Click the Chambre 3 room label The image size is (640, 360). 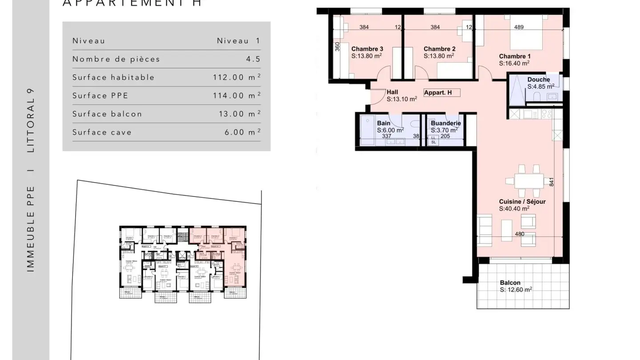pos(367,49)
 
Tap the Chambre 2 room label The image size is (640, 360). pos(439,49)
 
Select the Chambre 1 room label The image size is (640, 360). pos(515,56)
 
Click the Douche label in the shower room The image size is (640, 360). pos(539,80)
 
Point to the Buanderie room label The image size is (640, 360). pos(446,123)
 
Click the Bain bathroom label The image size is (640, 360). pos(384,123)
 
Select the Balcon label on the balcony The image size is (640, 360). pos(510,283)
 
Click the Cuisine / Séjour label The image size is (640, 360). pos(522,202)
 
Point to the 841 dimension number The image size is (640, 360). pos(552,182)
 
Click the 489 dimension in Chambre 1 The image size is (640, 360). pos(519,27)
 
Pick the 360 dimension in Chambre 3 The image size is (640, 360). pos(337,47)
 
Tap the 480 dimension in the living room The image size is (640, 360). pos(519,234)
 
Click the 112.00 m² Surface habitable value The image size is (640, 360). pos(236,77)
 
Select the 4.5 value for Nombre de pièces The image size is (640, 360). pos(253,59)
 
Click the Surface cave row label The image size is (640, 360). pos(102,132)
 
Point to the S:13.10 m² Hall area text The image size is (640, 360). pos(401,99)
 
